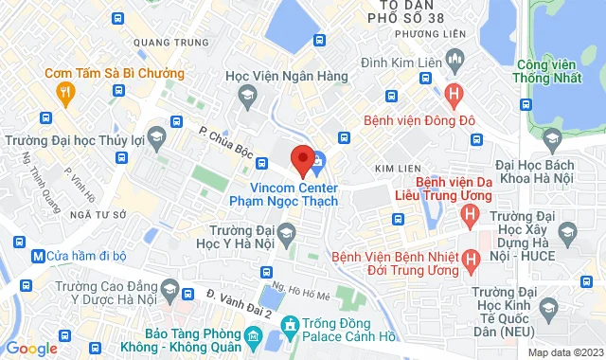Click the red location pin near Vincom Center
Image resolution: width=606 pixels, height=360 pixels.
coord(303,160)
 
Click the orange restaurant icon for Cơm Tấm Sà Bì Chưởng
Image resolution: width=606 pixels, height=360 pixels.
coord(64,92)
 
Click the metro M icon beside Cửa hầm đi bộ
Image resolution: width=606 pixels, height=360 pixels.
coord(38,255)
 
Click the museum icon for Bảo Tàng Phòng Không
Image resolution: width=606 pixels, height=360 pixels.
coord(253,336)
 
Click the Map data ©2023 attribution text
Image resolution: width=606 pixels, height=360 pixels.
coord(565,352)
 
